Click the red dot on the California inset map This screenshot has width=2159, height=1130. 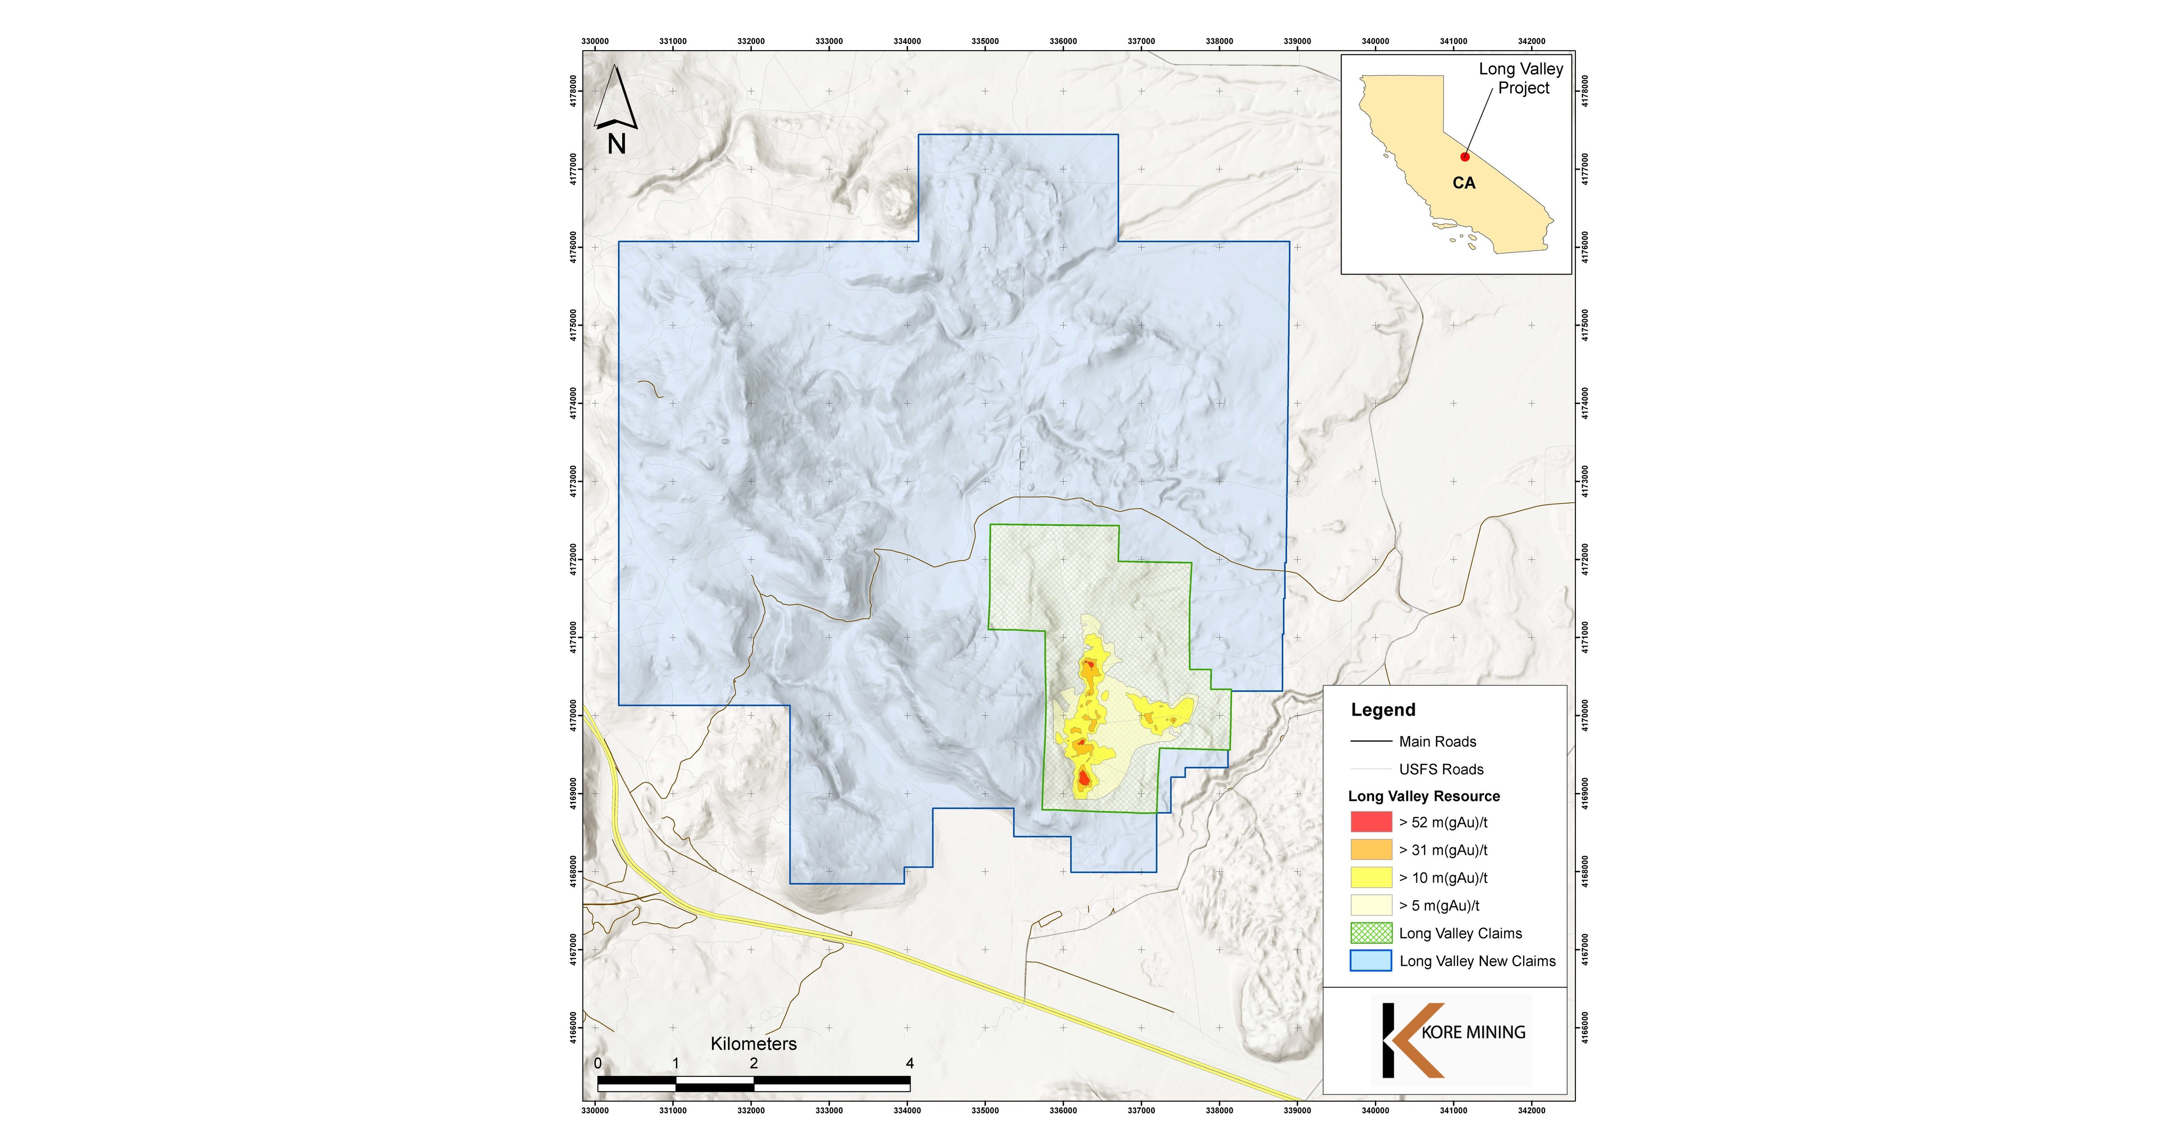click(x=1464, y=157)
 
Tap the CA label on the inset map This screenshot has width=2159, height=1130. click(x=1463, y=183)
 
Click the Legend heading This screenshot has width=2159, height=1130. click(x=1383, y=710)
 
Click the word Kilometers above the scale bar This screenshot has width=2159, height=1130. click(x=754, y=1044)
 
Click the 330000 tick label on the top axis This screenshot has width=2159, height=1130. click(x=595, y=41)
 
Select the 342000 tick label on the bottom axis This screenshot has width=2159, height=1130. click(x=1531, y=1111)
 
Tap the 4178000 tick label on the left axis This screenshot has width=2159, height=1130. click(x=573, y=90)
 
